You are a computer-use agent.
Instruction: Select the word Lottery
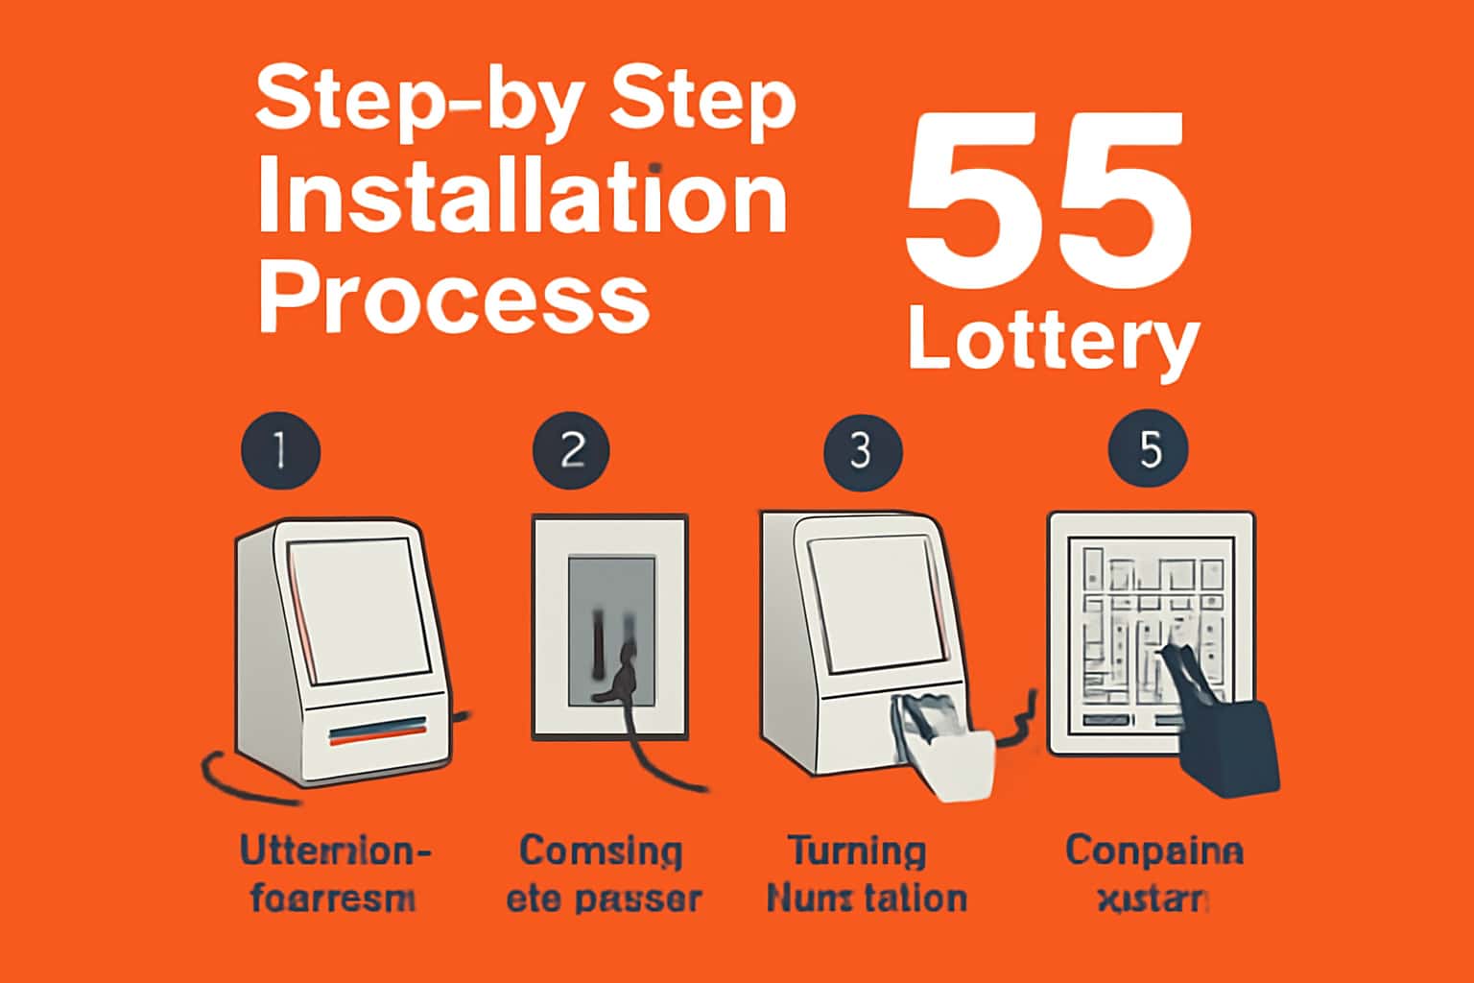click(1053, 342)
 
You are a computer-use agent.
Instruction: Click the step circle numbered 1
click(280, 450)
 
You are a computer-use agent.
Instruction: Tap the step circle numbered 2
click(572, 450)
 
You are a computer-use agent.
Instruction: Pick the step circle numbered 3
click(862, 450)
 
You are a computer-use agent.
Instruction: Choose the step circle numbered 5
click(1149, 450)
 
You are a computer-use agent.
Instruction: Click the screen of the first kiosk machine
click(360, 610)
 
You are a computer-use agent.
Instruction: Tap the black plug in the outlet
click(623, 672)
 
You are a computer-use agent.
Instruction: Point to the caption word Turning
click(857, 851)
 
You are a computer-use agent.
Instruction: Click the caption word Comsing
click(601, 851)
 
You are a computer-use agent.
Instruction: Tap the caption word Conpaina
click(1153, 851)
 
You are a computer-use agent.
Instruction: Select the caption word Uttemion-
click(334, 851)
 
